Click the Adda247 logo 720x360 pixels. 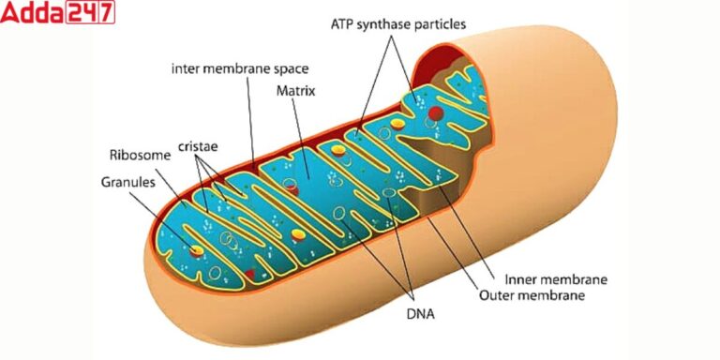tap(58, 13)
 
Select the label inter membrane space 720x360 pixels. tap(240, 69)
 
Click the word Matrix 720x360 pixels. tap(294, 92)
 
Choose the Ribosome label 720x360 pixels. tap(140, 156)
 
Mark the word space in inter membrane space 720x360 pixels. tap(290, 69)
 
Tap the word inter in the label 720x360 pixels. tap(186, 69)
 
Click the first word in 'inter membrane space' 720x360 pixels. tap(186, 69)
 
